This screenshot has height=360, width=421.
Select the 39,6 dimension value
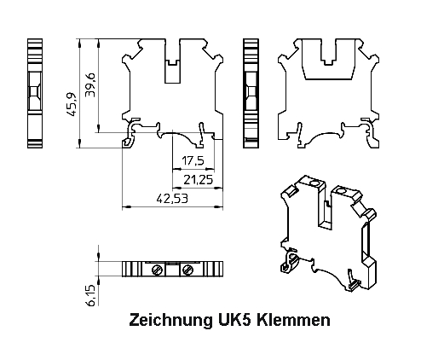101,85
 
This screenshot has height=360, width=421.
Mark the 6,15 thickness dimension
91,295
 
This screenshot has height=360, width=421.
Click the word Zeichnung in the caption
165,321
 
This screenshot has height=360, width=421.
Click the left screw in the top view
157,270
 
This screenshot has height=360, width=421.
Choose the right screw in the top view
187,270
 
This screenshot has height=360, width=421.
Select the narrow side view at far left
35,93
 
